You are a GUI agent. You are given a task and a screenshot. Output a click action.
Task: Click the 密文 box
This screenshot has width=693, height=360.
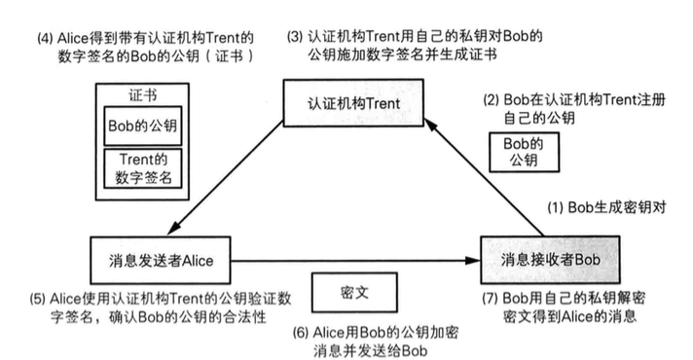point(353,292)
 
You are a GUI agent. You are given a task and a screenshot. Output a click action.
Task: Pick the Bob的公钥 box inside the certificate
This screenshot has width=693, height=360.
point(142,126)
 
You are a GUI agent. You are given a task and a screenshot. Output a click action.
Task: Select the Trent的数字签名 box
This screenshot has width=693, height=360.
point(142,166)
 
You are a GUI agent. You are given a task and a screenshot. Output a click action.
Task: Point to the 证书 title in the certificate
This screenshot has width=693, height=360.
point(142,96)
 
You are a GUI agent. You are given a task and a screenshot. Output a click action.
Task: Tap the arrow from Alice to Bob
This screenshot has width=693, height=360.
point(355,260)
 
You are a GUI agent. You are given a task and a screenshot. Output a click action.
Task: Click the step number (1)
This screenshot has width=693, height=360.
point(553,208)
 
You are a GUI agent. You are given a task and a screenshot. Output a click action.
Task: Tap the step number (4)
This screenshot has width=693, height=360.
point(42,38)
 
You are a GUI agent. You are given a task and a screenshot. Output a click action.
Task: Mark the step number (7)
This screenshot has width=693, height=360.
point(492,297)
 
